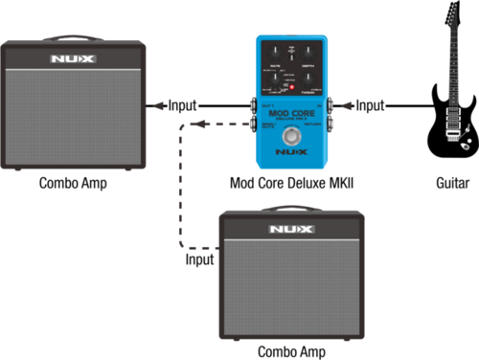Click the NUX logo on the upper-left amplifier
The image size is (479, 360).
click(75, 59)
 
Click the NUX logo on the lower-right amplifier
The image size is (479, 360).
click(290, 229)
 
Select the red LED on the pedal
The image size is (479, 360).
click(291, 87)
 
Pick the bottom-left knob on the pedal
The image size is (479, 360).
click(274, 77)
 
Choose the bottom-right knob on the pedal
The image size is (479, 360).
click(308, 77)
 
